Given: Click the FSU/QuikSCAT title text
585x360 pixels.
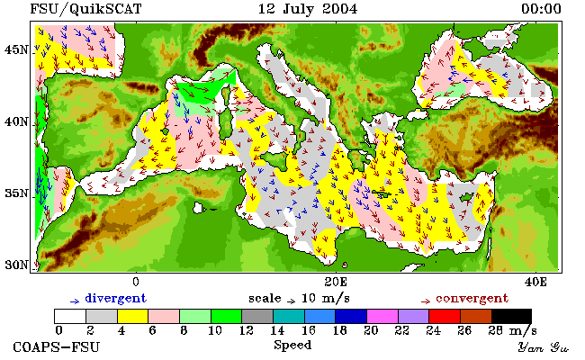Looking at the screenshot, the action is tap(85, 9).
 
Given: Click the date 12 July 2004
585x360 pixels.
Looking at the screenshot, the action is tap(308, 9).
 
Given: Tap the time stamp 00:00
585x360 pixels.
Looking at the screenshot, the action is tap(541, 9).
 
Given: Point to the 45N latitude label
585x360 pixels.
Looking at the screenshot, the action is tap(16, 49).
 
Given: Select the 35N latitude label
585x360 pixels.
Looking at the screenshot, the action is tap(16, 193).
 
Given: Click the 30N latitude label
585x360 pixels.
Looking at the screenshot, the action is tap(16, 265).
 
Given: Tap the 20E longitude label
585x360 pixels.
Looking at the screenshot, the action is tap(336, 282).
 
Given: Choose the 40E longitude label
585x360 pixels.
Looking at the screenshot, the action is tap(535, 282).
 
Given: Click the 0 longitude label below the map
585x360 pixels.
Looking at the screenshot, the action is tap(136, 282).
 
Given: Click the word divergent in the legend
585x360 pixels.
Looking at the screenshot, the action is tap(116, 299).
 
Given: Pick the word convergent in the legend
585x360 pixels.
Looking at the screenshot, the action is tap(472, 299).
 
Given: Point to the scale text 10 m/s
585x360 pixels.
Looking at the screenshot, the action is tap(325, 299).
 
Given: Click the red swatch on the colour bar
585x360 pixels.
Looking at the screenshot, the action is tap(445, 316).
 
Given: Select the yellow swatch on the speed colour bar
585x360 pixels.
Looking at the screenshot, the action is tap(133, 316).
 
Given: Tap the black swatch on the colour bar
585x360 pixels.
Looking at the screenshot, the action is tap(511, 316).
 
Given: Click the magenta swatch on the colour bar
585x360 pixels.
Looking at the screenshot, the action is tap(382, 316).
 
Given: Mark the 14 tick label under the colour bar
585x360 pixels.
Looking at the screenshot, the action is tap(277, 330).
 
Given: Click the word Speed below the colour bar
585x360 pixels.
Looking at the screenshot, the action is tap(292, 346).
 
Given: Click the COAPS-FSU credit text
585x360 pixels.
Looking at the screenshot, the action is tap(57, 347).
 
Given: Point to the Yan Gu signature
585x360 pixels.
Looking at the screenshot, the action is tap(543, 348).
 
